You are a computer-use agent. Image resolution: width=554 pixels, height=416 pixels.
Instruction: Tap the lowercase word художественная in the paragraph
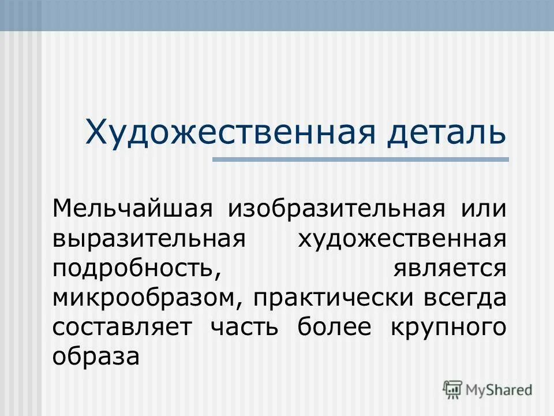click(x=402, y=239)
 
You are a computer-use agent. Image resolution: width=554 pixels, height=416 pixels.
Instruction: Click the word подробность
click(x=138, y=269)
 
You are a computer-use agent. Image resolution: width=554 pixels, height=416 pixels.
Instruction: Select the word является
click(x=450, y=269)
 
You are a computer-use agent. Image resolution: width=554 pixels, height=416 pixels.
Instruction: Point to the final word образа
click(x=96, y=357)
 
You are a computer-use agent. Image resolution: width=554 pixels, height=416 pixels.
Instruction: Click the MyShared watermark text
click(x=499, y=389)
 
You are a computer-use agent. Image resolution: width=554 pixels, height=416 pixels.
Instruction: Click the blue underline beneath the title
click(x=361, y=159)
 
